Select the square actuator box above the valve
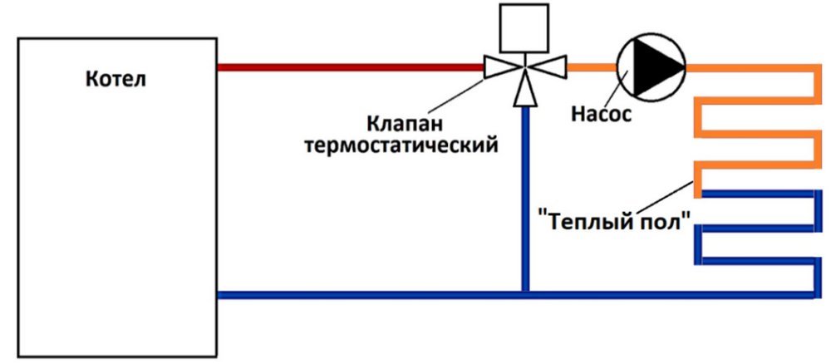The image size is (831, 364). [x=524, y=27]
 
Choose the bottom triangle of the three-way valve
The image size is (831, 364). [x=524, y=92]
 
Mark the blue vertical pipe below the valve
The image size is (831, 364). [x=524, y=199]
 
